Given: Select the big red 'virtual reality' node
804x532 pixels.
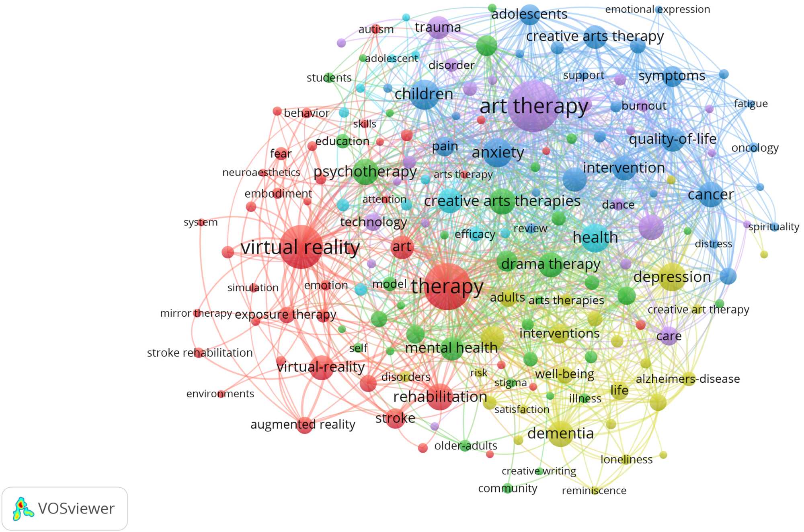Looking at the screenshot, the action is (x=301, y=247).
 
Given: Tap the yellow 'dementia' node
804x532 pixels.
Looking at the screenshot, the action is (x=560, y=433).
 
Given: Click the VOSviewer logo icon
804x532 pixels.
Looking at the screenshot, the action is (x=23, y=509).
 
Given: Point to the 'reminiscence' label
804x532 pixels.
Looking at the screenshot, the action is (x=594, y=491).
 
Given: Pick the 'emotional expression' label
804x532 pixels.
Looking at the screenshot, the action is (x=657, y=9).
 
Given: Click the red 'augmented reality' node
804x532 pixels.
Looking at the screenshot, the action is (x=304, y=425).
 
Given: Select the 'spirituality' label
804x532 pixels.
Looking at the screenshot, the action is (x=773, y=227).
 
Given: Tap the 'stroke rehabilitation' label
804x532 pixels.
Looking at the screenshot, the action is (x=200, y=353).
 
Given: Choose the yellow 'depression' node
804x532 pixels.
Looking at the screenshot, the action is (x=672, y=277).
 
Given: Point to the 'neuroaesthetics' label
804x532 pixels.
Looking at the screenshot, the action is (x=261, y=173).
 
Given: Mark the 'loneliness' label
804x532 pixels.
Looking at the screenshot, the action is (x=626, y=460).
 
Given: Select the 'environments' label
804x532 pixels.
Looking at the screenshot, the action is (x=220, y=394).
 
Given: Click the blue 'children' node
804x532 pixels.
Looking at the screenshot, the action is (x=424, y=95).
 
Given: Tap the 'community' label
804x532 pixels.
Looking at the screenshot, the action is (x=507, y=489).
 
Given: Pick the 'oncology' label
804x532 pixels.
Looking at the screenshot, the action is (x=755, y=148).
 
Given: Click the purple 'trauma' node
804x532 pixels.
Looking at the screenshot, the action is (x=438, y=27).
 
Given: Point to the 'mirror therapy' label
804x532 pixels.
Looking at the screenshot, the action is (x=196, y=313).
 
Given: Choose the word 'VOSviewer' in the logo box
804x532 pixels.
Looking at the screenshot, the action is (x=76, y=509).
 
